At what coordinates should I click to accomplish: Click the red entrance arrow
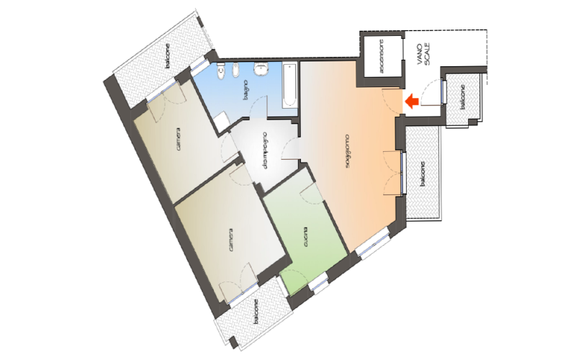[411, 102]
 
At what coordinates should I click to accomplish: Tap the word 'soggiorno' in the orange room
[347, 150]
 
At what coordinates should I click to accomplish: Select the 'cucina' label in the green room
[305, 237]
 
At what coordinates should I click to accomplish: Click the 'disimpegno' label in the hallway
[265, 150]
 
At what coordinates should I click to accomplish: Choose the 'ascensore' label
[382, 55]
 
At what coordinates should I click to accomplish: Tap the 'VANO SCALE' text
[424, 55]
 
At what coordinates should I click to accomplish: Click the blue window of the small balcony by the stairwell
[446, 94]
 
